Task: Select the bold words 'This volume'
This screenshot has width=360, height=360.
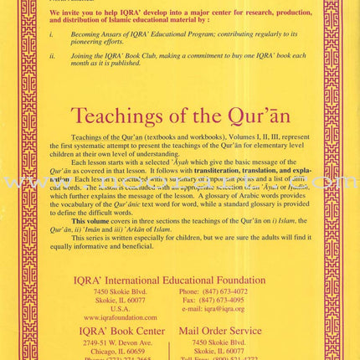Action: pyautogui.click(x=85, y=220)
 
